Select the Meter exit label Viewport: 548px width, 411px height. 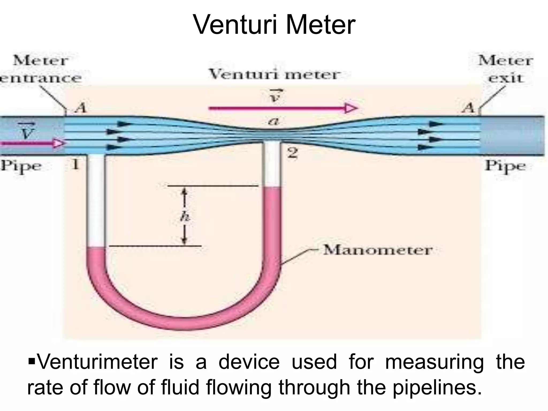click(505, 69)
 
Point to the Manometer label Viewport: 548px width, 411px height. click(378, 250)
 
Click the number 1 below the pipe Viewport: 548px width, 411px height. click(76, 164)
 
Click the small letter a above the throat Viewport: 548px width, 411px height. click(273, 122)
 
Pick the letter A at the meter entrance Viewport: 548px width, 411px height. click(81, 108)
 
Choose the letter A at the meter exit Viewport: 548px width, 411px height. click(469, 108)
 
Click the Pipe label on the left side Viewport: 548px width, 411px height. click(21, 166)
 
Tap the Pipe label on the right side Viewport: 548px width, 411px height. click(505, 166)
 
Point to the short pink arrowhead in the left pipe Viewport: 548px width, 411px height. click(59, 143)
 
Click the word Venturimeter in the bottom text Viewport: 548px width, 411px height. click(97, 362)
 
